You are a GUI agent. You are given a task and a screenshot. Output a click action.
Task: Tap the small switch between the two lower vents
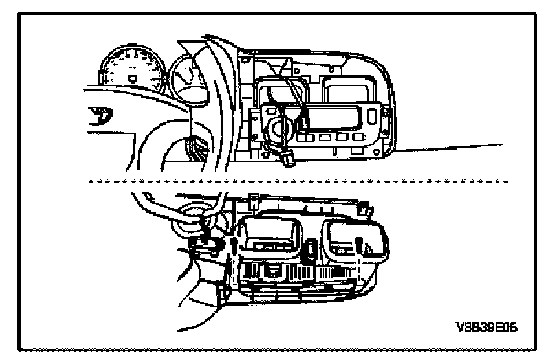point(312,247)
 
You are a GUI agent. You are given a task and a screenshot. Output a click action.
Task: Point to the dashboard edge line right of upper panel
point(453,147)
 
